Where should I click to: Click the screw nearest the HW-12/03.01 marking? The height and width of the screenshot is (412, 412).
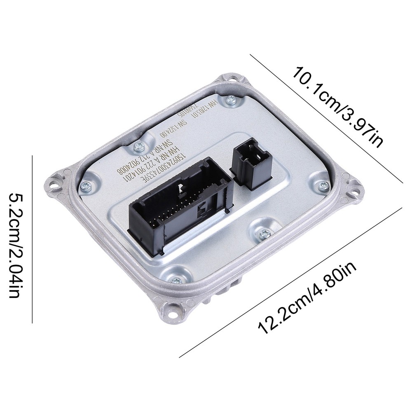[x=232, y=98]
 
